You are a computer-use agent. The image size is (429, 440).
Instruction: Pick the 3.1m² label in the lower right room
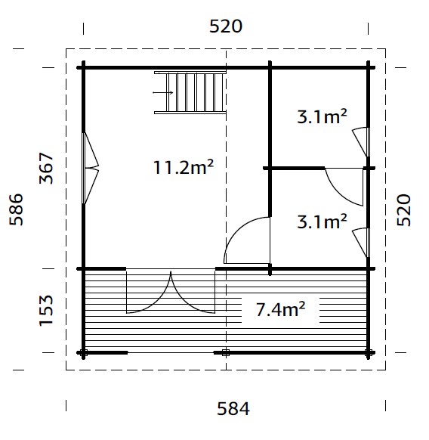[321, 222]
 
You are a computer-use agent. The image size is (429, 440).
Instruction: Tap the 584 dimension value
[233, 409]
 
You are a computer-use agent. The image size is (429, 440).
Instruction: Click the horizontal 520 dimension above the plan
[225, 26]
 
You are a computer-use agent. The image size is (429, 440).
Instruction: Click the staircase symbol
[190, 92]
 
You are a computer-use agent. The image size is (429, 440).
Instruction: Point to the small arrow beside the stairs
[162, 92]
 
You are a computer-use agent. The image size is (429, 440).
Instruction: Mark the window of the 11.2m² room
[91, 168]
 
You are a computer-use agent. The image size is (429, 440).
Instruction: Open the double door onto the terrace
[171, 292]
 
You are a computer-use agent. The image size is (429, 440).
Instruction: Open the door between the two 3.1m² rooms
[344, 183]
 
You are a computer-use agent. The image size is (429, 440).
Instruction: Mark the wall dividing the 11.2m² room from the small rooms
[270, 166]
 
